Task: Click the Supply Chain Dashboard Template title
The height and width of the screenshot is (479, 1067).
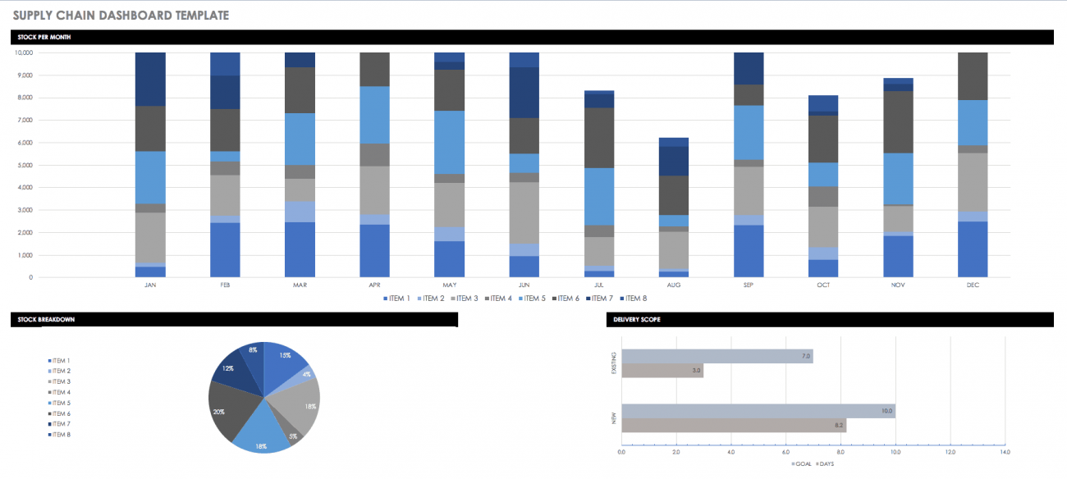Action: (121, 15)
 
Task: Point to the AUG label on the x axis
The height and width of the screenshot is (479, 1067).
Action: (673, 285)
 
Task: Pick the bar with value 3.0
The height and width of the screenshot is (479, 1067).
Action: (662, 371)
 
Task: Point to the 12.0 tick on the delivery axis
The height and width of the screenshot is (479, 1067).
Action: (950, 452)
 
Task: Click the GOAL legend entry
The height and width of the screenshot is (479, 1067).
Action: (802, 463)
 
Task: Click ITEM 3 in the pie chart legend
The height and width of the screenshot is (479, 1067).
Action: (60, 381)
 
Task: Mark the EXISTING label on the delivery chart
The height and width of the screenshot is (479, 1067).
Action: (613, 364)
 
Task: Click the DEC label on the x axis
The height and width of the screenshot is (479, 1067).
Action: (973, 285)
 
